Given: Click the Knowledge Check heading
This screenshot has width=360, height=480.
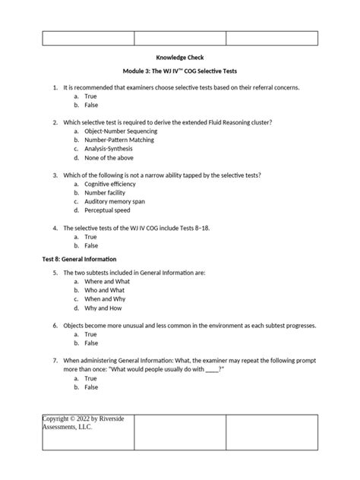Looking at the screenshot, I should (x=179, y=58).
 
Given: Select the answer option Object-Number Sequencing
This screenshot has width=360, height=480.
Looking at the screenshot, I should (x=118, y=131).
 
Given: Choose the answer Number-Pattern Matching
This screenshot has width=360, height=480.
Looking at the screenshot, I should (x=119, y=141).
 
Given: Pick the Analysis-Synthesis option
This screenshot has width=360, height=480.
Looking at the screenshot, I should (x=109, y=150).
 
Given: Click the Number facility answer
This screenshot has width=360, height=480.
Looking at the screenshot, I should (x=106, y=194).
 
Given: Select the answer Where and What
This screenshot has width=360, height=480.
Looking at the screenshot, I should (x=107, y=281).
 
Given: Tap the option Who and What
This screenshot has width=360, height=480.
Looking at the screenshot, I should (x=105, y=290).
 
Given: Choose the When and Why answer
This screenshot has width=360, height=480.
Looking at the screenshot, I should (x=106, y=299).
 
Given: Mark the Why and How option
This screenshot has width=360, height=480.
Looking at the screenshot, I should (x=104, y=308).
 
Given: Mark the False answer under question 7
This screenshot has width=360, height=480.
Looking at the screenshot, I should (x=91, y=387).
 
